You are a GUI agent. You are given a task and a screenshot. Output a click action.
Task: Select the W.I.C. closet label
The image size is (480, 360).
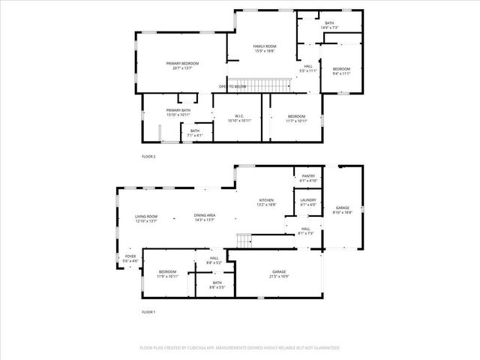(238, 118)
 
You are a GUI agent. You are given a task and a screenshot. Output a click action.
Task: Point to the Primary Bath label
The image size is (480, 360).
(178, 112)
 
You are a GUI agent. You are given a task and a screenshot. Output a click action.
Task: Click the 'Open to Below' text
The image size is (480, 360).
(232, 86)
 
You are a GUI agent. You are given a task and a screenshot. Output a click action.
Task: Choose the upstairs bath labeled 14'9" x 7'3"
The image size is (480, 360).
(329, 25)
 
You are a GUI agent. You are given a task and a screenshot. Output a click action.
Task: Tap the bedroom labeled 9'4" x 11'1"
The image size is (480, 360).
(341, 70)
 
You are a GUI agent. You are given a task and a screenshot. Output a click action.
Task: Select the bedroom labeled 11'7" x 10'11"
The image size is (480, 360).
(296, 118)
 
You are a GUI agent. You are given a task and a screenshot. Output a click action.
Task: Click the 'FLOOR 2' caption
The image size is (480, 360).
(148, 157)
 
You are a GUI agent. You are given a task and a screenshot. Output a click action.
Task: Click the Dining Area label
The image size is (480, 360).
(205, 217)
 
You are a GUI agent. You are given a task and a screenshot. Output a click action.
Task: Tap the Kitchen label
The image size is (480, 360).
(266, 202)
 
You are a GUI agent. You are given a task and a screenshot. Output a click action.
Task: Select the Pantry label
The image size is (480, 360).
(308, 179)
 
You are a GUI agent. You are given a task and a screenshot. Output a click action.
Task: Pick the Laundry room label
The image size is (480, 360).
(308, 202)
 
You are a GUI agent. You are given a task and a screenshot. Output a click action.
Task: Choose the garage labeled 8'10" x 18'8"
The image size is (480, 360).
(343, 210)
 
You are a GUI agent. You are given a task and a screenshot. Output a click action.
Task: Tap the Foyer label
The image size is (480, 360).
(130, 259)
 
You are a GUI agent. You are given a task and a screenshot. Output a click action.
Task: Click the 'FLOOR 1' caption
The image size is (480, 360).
(148, 311)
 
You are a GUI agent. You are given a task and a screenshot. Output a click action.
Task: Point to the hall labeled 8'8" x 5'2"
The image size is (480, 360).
(214, 260)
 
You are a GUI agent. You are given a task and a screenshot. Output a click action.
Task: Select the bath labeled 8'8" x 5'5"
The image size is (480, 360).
(217, 285)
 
